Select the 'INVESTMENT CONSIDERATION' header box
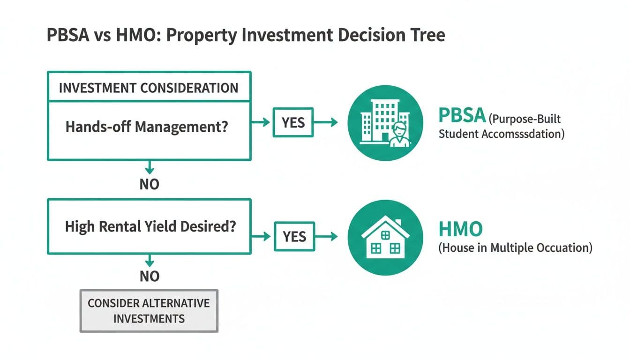pos(149,88)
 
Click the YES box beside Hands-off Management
pos(293,122)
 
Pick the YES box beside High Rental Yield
pos(294,236)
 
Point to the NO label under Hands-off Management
pos(150,184)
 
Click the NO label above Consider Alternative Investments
pos(150,277)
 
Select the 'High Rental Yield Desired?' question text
pos(150,227)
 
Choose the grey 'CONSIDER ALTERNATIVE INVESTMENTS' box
pos(149,311)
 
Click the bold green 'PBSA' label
pos(462,115)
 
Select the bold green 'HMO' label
pos(460,229)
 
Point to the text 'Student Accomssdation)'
pos(501,134)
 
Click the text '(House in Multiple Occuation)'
pos(515,247)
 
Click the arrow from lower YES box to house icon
pos(326,236)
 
